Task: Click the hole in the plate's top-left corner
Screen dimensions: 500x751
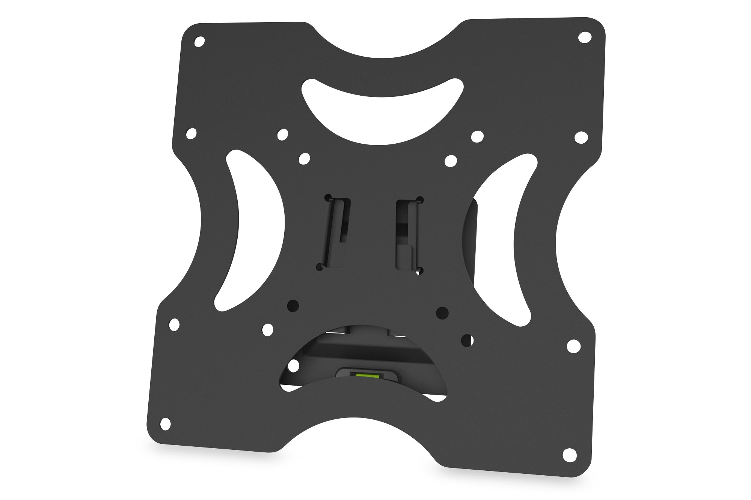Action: pyautogui.click(x=200, y=41)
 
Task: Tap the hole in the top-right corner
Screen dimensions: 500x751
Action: pyautogui.click(x=584, y=38)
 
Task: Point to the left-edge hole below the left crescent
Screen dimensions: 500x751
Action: pyautogui.click(x=174, y=324)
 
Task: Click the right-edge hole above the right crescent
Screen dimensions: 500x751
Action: pyautogui.click(x=582, y=137)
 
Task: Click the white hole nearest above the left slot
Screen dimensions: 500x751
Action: pyautogui.click(x=303, y=158)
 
